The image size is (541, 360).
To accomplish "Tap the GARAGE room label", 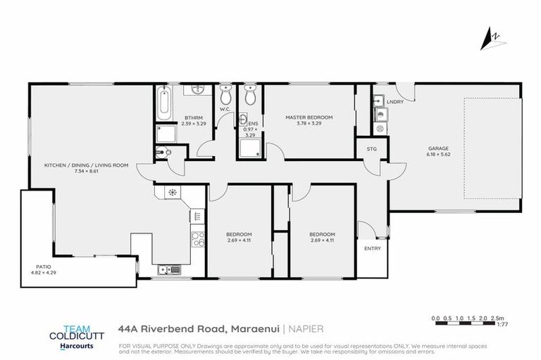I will pyautogui.click(x=438, y=148).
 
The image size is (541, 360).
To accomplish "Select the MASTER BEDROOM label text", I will pyautogui.click(x=309, y=117).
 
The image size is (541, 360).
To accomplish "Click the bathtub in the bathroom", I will pyautogui.click(x=163, y=104).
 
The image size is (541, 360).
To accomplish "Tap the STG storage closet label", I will pyautogui.click(x=371, y=148).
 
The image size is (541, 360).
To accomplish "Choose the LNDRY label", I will pyautogui.click(x=394, y=102).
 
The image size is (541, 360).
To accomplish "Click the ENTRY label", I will pyautogui.click(x=371, y=249).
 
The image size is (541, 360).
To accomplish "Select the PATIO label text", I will pyautogui.click(x=44, y=266).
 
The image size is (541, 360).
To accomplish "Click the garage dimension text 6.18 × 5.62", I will pyautogui.click(x=438, y=154).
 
